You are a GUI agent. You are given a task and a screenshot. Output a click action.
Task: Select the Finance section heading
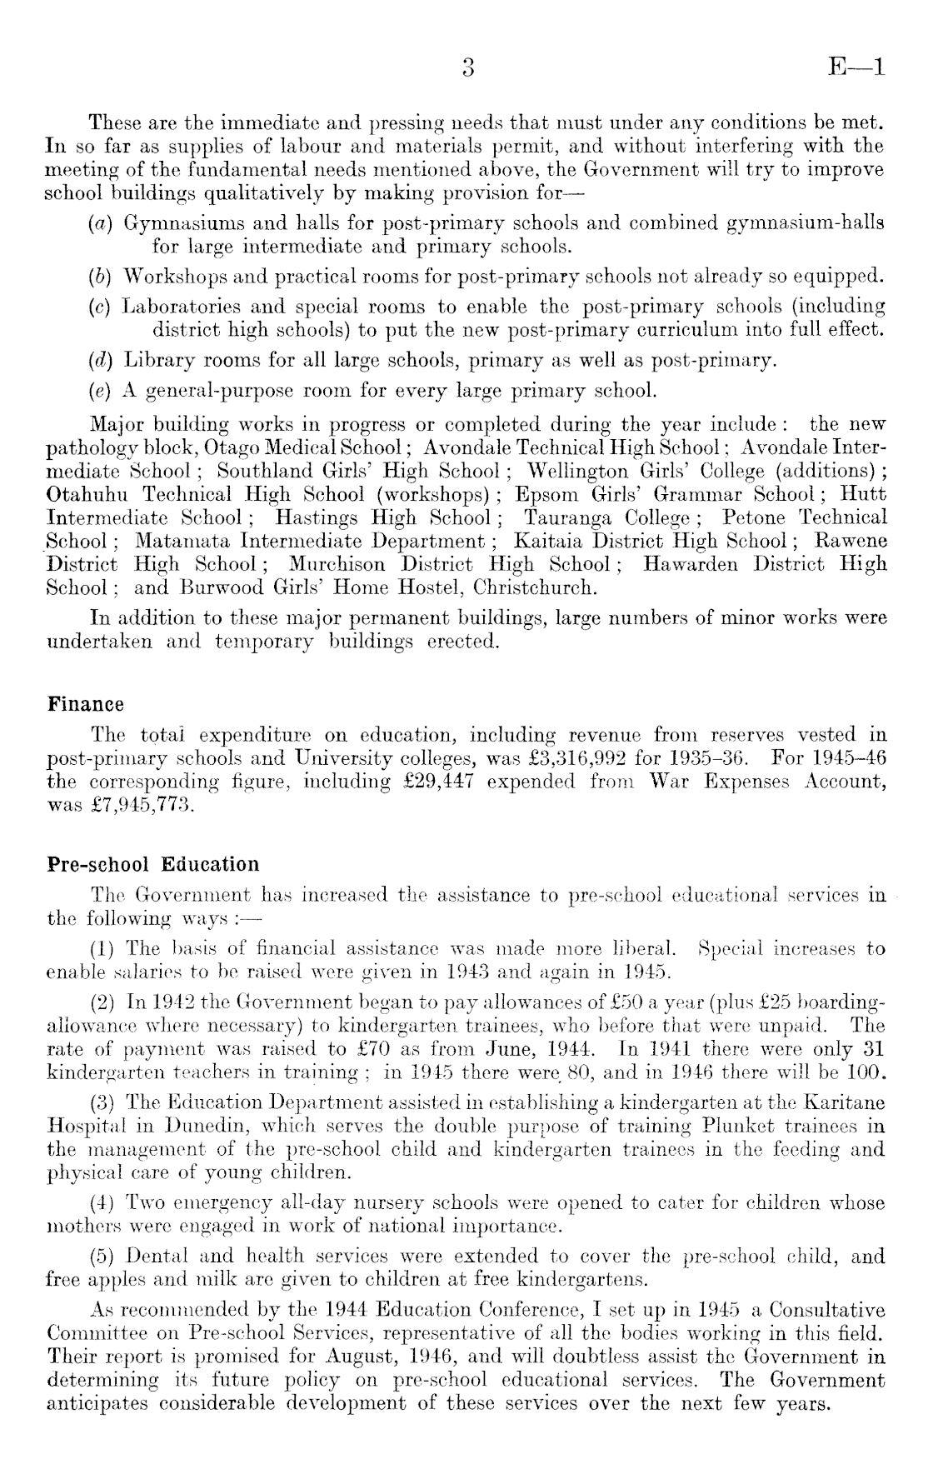85,704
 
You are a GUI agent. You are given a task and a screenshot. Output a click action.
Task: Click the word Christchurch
546,587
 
